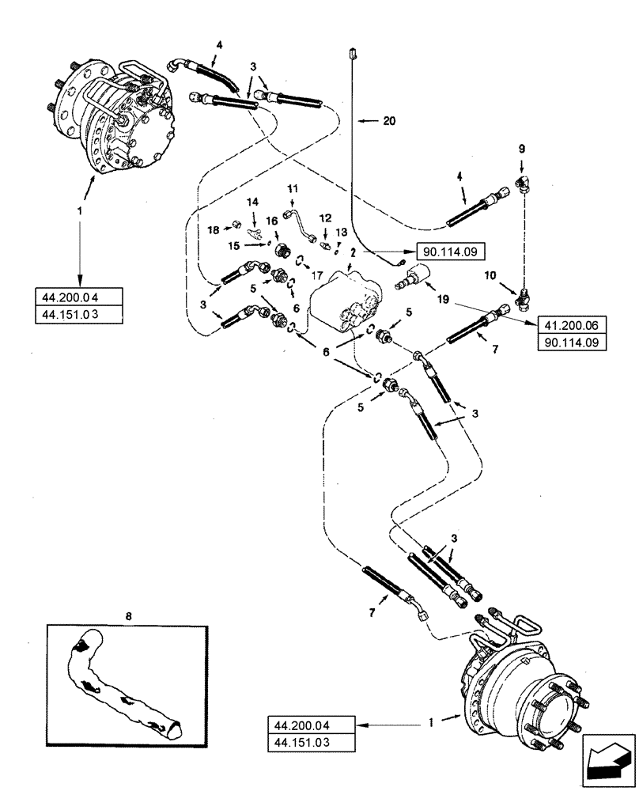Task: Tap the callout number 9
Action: [521, 148]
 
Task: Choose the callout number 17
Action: [318, 276]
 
